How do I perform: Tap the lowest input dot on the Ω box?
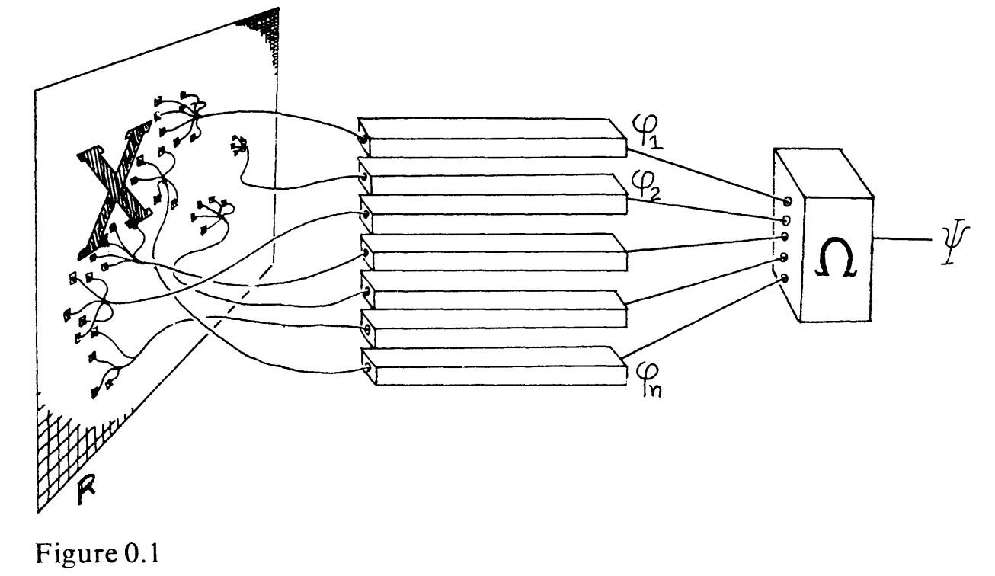click(x=785, y=277)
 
